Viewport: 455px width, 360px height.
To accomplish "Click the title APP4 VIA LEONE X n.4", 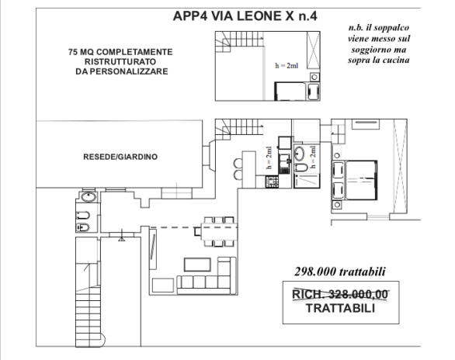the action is pos(245,16).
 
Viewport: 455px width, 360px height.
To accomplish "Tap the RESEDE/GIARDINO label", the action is pos(120,157).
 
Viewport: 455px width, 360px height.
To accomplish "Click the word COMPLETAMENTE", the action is pos(134,52).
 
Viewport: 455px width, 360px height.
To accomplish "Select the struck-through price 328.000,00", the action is pos(359,295).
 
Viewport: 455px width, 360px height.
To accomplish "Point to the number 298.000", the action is pos(315,272).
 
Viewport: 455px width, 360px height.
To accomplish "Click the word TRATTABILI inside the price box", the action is pos(340,308).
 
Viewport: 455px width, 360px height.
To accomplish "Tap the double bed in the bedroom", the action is pos(361,180).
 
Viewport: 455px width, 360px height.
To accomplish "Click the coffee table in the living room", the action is pos(197,265).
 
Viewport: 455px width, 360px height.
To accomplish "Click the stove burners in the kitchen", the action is pos(272,182).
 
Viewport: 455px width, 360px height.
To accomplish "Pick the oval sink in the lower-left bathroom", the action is pos(89,197).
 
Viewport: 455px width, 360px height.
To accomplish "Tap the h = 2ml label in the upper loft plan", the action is pos(287,66).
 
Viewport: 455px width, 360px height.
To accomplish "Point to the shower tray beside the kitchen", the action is pos(307,181).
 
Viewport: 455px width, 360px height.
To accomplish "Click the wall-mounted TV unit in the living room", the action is pos(153,249).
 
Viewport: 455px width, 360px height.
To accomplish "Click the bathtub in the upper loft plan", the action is pos(290,92).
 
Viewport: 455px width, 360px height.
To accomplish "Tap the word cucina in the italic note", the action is pos(396,60).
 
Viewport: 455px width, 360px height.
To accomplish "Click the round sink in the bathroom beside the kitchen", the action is pos(299,153).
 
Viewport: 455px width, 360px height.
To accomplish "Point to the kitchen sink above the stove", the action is pos(284,164).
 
